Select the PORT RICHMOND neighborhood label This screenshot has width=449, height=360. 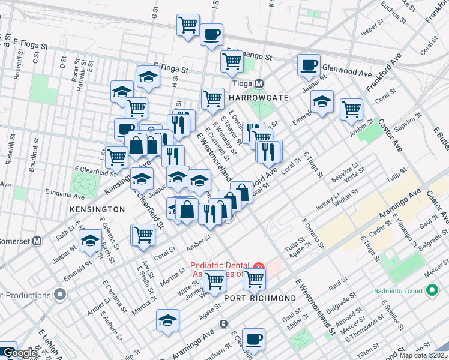260,298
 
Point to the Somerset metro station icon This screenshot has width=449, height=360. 37,241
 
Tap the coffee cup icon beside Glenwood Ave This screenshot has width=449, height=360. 309,65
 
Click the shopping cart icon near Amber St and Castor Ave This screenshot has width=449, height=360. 351,109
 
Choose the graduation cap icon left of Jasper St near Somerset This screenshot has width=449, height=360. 90,241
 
